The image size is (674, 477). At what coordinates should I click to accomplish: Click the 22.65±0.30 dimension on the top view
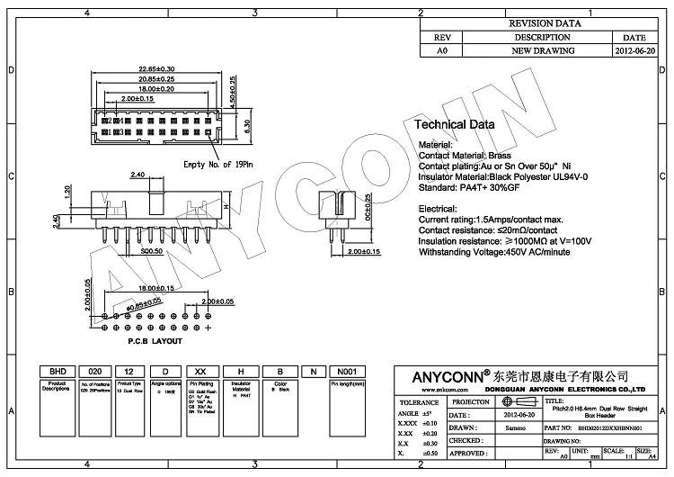[156, 69]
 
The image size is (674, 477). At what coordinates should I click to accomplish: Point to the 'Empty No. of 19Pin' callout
[220, 165]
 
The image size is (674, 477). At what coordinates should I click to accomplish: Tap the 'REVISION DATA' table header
[545, 23]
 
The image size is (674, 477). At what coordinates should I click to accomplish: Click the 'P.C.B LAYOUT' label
[155, 341]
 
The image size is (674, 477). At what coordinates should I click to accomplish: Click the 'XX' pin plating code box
[201, 372]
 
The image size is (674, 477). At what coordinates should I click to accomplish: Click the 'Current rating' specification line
[492, 219]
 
